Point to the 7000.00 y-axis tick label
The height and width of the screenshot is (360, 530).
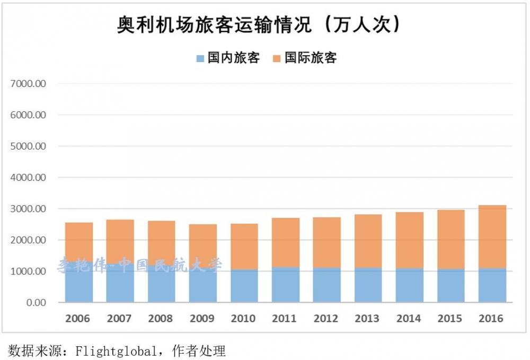tap(29, 84)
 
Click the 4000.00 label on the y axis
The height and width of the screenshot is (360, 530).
tap(29, 178)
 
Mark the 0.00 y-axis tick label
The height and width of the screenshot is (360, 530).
tap(36, 303)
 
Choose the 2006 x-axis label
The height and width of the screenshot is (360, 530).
tap(78, 319)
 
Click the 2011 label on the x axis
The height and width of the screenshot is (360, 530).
tap(285, 319)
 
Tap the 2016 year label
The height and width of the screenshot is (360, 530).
tap(491, 319)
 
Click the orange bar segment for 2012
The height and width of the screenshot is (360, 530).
tap(326, 242)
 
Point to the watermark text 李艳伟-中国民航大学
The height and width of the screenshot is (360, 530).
tap(140, 265)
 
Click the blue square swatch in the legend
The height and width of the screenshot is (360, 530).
tap(200, 59)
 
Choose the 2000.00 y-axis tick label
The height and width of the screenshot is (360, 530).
tap(29, 240)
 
